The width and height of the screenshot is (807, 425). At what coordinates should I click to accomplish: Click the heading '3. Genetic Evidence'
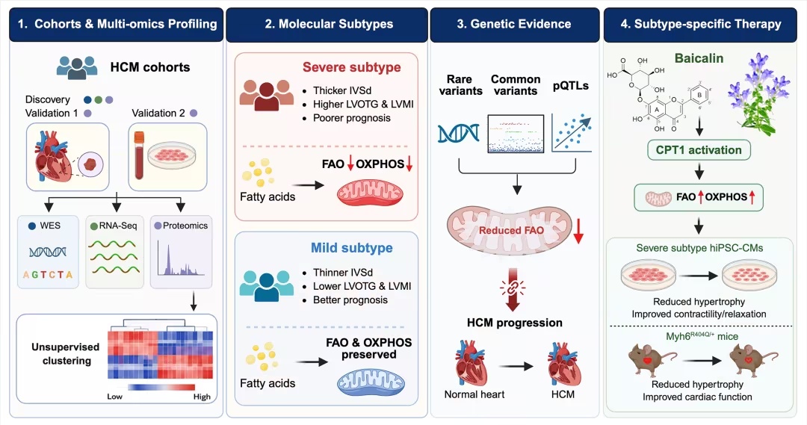click(x=514, y=24)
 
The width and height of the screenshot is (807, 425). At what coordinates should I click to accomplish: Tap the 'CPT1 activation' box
click(x=699, y=150)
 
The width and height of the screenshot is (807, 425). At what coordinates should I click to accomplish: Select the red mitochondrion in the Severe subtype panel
click(x=370, y=193)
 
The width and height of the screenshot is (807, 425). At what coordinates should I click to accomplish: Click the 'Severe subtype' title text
click(x=351, y=67)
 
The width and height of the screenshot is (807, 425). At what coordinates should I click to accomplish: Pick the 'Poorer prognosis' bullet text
click(x=352, y=118)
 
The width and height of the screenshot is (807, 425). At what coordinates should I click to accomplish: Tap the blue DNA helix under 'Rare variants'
click(x=458, y=133)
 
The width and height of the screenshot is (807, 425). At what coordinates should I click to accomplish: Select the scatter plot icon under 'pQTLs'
click(x=572, y=133)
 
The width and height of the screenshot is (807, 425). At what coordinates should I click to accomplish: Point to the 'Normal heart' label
click(x=474, y=394)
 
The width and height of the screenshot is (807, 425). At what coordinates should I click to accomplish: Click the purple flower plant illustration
click(x=758, y=93)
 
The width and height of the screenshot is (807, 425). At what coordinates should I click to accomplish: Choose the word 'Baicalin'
click(x=699, y=58)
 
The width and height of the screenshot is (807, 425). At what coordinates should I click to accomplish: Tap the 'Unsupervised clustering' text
click(x=65, y=353)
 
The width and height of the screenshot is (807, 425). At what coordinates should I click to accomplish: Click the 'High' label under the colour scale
click(x=202, y=397)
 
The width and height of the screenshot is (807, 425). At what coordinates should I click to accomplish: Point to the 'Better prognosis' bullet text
click(x=350, y=300)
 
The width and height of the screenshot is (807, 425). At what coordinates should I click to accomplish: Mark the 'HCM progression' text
click(x=515, y=323)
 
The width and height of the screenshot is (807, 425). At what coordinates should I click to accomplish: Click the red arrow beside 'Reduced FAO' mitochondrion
click(x=578, y=231)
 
